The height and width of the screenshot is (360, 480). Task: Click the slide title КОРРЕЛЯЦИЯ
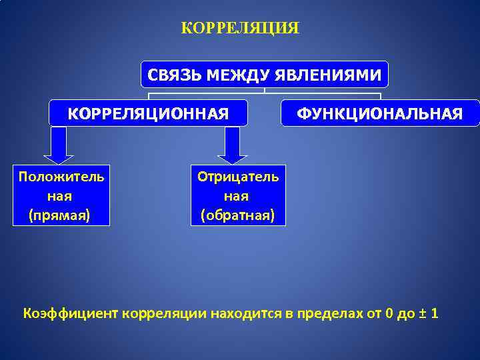(x=240, y=29)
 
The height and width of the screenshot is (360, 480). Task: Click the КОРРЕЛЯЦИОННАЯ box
(x=148, y=113)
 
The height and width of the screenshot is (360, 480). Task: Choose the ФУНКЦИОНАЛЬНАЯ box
(x=380, y=113)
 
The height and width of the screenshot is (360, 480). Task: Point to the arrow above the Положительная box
(x=59, y=145)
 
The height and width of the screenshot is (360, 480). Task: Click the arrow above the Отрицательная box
(x=233, y=145)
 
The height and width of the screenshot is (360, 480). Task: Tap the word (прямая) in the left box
(x=59, y=215)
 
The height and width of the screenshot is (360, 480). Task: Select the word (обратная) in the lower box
(x=238, y=215)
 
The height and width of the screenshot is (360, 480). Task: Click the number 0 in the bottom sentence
(x=389, y=313)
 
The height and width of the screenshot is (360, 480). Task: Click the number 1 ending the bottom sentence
(x=435, y=313)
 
